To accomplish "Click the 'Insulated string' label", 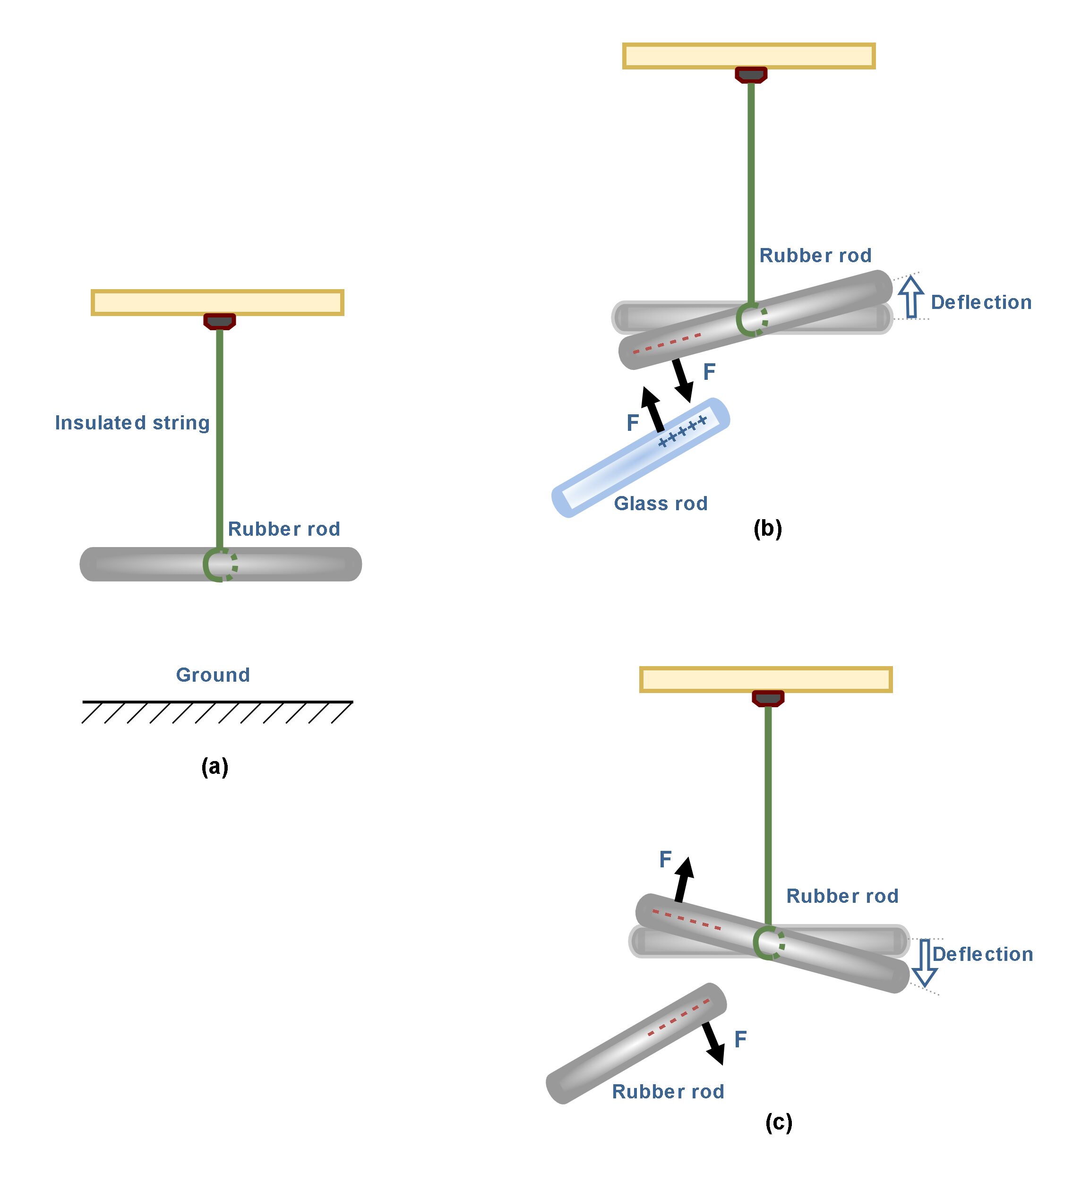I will click(132, 423).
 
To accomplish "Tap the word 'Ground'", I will click(213, 675).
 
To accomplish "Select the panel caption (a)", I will click(215, 766).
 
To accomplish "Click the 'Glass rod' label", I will click(661, 503).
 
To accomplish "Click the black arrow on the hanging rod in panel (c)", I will click(683, 879).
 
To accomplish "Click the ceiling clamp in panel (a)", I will click(219, 321).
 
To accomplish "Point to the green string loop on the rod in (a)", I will click(219, 565).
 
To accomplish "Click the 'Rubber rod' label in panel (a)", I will click(283, 529).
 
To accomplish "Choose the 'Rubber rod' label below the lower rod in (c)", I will click(668, 1091).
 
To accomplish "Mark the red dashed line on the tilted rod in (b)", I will click(667, 343).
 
